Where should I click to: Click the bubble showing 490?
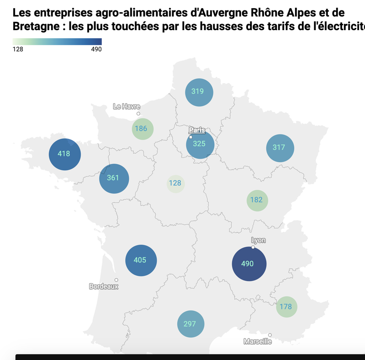(249, 264)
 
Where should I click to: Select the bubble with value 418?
(64, 154)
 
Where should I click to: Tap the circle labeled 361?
(114, 178)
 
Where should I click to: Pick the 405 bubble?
(141, 261)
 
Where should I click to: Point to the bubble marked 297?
(190, 324)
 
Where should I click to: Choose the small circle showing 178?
(286, 307)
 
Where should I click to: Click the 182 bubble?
(257, 200)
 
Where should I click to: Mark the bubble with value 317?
(280, 148)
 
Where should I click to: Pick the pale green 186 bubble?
(142, 129)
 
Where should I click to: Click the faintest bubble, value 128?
(175, 183)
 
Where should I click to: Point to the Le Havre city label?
(127, 107)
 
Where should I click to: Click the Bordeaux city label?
(104, 287)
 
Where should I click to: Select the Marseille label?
(258, 341)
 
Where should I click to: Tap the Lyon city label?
(258, 240)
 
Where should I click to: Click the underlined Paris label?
(197, 130)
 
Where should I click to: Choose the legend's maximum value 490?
(96, 49)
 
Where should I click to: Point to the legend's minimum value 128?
(18, 49)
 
